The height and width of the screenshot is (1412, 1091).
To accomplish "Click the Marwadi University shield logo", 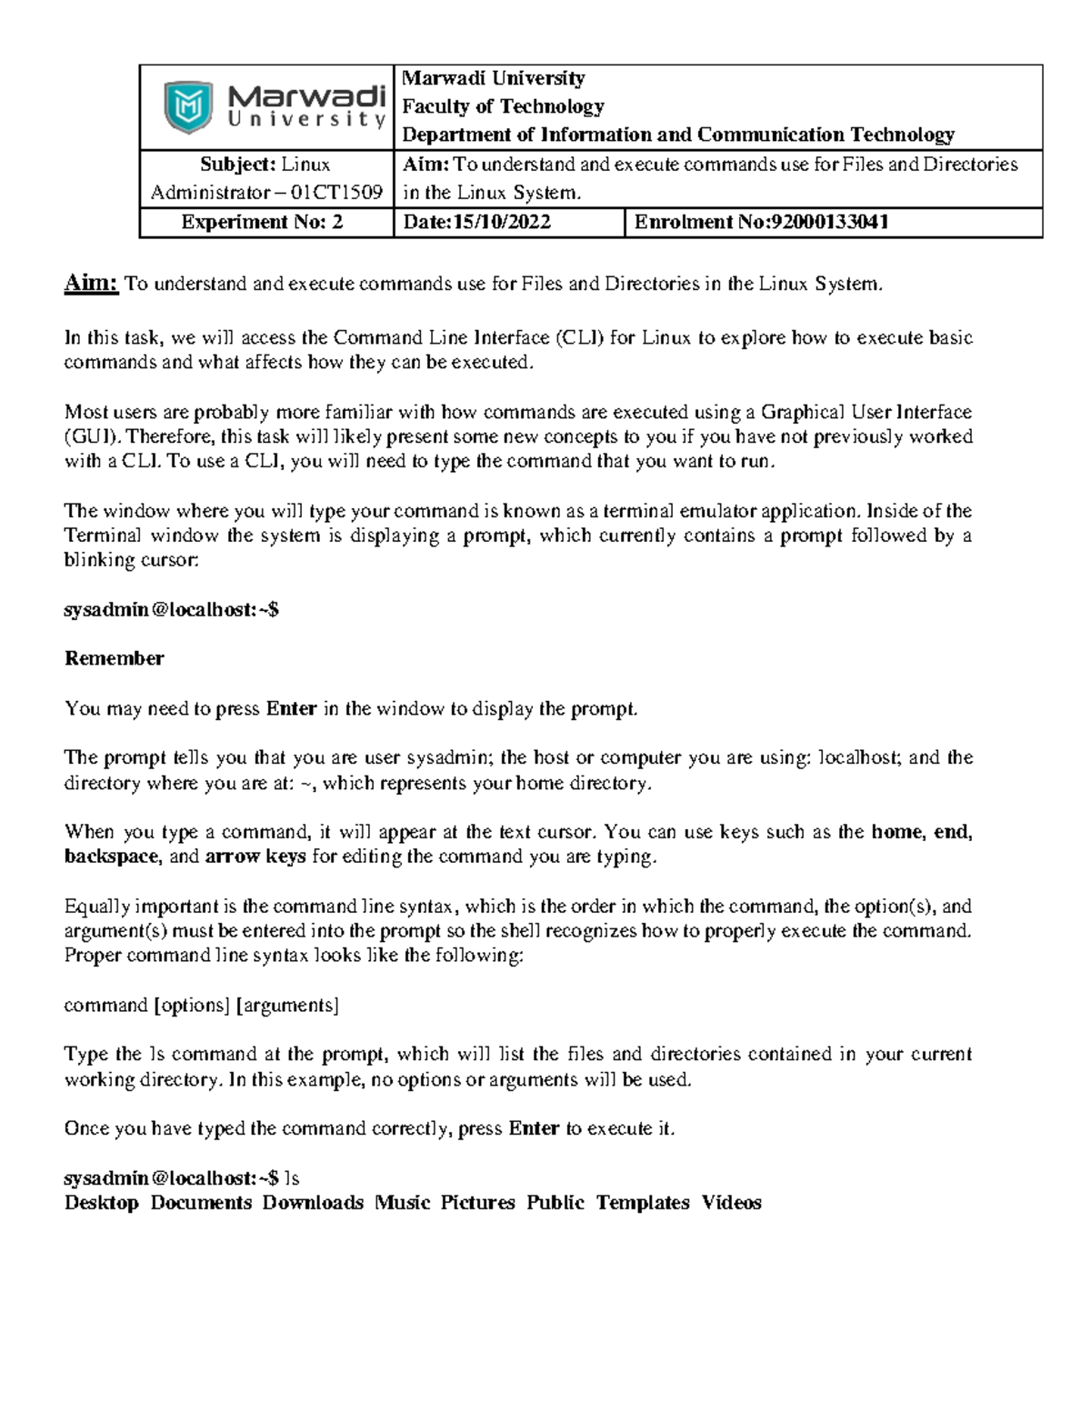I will tap(188, 107).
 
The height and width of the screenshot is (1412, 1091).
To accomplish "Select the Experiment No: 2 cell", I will tap(262, 223).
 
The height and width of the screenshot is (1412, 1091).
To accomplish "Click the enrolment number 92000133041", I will tap(829, 223).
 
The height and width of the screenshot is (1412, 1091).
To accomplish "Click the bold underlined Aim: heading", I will tap(91, 284).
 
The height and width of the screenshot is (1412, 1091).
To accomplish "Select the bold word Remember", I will tap(114, 658).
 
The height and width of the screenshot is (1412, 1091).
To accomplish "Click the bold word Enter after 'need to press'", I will tap(291, 708).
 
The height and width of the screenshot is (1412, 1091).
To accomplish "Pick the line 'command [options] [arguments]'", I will tap(201, 1005).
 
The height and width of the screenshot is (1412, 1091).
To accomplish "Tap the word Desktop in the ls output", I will tap(101, 1203).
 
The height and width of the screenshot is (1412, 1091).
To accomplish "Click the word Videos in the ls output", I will tap(731, 1203).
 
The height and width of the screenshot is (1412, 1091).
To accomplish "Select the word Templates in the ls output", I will tap(643, 1203).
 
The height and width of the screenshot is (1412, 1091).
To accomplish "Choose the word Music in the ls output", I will tap(402, 1203).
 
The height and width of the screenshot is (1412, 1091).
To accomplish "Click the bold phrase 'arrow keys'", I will tap(255, 856).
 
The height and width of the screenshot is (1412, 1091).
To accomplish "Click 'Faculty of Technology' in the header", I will tap(503, 106).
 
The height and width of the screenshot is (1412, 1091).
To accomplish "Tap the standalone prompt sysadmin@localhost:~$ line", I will tap(171, 609).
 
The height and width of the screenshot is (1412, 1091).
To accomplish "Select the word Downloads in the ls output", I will tap(313, 1203).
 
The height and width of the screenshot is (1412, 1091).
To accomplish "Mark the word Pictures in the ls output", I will tap(477, 1203).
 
